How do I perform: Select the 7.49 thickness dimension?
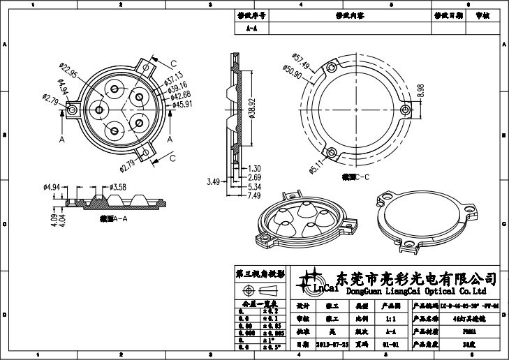[x=254, y=196]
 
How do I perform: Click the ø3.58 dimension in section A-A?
[x=117, y=187]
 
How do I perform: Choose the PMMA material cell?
[x=470, y=331]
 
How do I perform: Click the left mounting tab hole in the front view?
[x=72, y=111]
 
